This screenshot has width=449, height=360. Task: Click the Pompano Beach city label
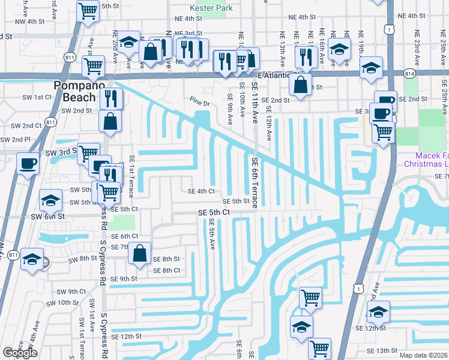[75, 91]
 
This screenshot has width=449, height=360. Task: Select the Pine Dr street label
[200, 104]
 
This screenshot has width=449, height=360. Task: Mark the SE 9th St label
[124, 278]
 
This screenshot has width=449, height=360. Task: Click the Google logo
[20, 352]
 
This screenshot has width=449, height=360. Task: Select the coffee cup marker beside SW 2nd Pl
[28, 163]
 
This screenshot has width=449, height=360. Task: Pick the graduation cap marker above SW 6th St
[51, 199]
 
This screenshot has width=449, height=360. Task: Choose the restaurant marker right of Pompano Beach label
[111, 97]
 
